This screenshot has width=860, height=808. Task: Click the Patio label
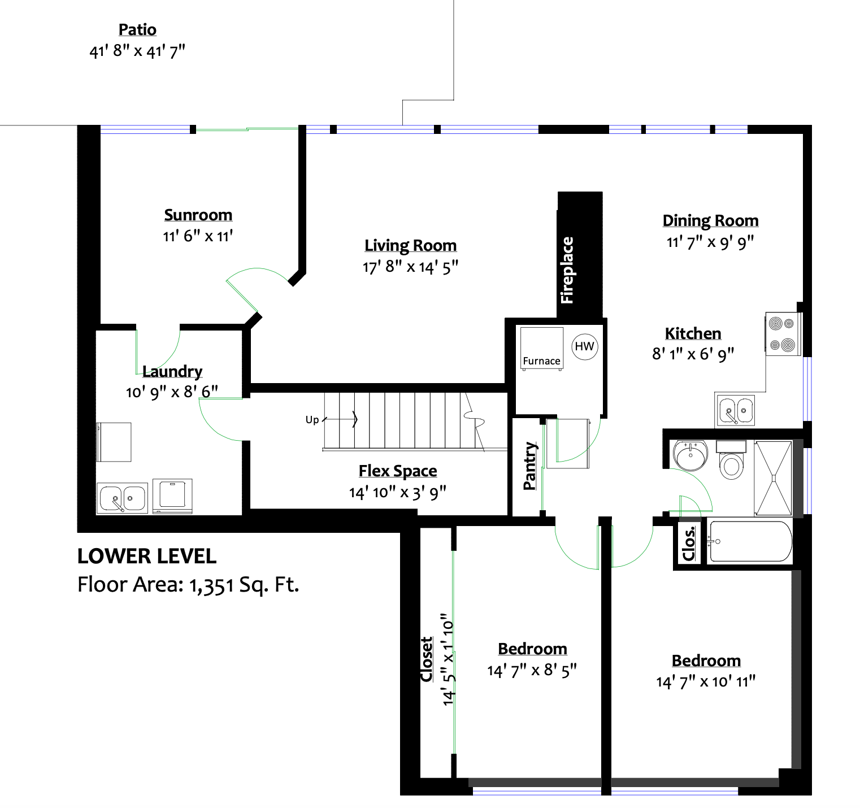click(x=137, y=30)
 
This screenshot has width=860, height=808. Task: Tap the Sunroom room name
click(x=198, y=215)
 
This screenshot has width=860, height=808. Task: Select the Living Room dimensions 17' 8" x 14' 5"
click(x=410, y=267)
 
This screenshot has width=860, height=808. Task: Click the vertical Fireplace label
click(x=567, y=270)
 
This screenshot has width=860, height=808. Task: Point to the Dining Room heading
click(x=710, y=221)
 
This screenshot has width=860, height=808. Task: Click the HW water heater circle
click(x=584, y=346)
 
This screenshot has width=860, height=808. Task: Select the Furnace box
click(x=541, y=349)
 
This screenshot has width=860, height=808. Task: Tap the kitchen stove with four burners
click(x=783, y=334)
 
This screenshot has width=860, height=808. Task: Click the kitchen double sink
click(x=735, y=410)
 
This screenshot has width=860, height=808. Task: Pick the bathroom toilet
click(x=731, y=461)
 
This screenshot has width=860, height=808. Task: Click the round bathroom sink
click(x=690, y=455)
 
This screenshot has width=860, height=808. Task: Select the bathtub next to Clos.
click(x=750, y=542)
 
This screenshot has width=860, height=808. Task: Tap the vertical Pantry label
click(x=529, y=466)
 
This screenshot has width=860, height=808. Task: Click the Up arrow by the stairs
click(x=340, y=419)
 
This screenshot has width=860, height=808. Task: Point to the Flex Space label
click(x=398, y=471)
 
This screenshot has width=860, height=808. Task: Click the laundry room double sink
click(x=123, y=498)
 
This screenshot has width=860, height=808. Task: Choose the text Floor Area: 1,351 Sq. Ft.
click(x=188, y=585)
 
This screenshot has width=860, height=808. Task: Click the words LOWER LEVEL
click(x=147, y=557)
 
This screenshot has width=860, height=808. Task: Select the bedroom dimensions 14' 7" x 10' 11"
click(x=706, y=682)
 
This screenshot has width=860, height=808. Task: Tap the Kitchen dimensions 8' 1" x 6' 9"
click(x=693, y=354)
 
